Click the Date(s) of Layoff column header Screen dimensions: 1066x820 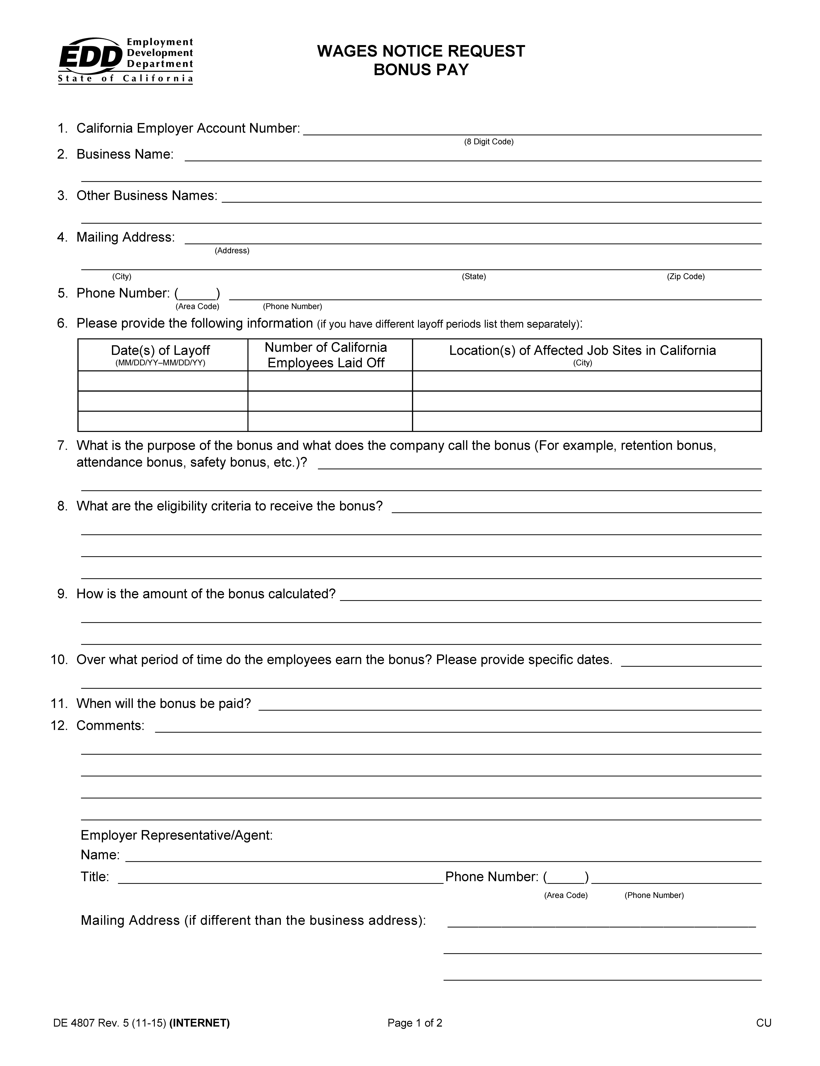160,351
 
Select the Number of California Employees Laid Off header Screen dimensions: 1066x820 326,355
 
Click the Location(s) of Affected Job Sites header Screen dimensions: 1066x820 582,351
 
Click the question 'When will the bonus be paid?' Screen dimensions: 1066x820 163,704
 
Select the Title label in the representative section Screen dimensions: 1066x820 95,877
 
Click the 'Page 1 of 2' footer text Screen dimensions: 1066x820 415,1023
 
